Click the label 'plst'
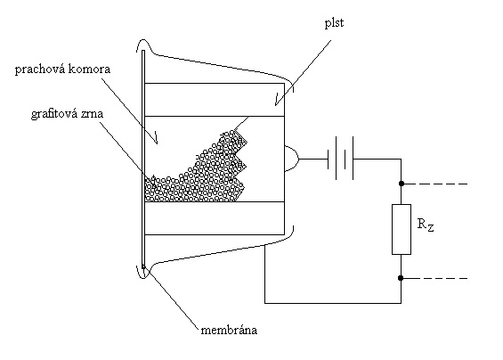[x=334, y=23]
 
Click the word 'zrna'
[x=92, y=115]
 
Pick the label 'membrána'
[x=229, y=330]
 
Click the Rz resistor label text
[x=426, y=225]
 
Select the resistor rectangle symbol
[x=402, y=229]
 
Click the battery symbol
[x=340, y=159]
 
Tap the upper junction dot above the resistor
[x=401, y=184]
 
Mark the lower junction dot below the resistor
[x=401, y=278]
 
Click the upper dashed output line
[x=435, y=184]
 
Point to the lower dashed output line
[x=435, y=278]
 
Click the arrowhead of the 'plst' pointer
[x=276, y=103]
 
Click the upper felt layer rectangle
[x=215, y=100]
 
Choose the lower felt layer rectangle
[x=215, y=218]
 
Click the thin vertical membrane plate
[x=143, y=159]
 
